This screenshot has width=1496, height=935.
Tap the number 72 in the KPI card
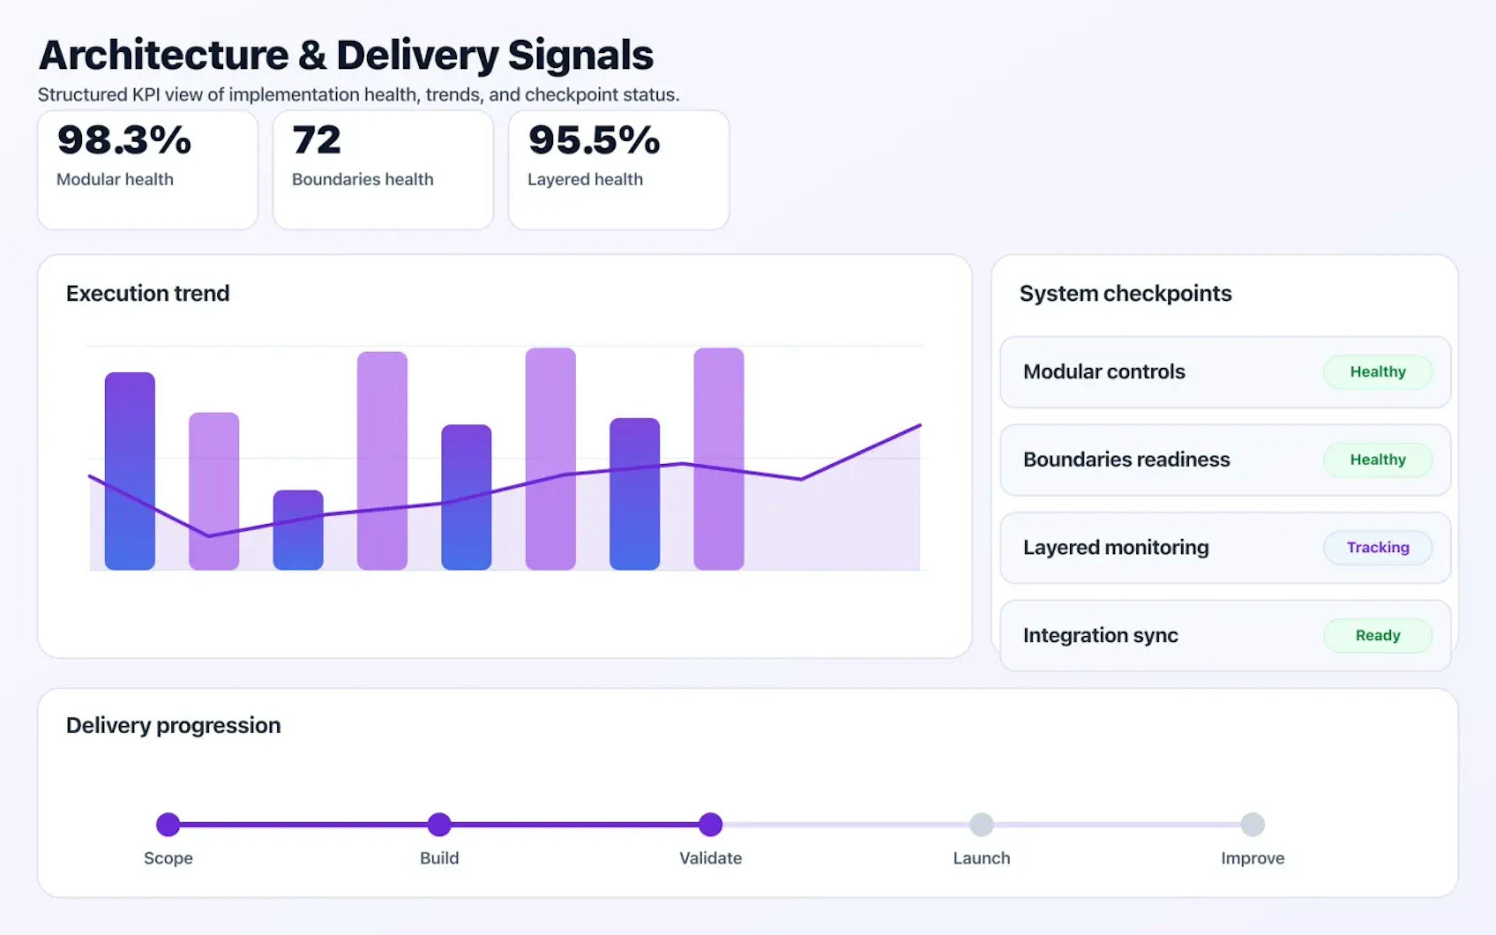pyautogui.click(x=316, y=140)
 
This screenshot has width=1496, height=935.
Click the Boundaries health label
pyautogui.click(x=362, y=179)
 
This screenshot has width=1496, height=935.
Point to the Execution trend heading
pyautogui.click(x=148, y=293)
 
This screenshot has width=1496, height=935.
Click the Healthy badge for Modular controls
pyautogui.click(x=1377, y=372)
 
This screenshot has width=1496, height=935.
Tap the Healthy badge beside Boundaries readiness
pyautogui.click(x=1377, y=459)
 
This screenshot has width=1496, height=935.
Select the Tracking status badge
pyautogui.click(x=1377, y=547)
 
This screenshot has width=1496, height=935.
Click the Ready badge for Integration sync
pyautogui.click(x=1377, y=635)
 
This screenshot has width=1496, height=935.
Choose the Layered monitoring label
pyautogui.click(x=1116, y=547)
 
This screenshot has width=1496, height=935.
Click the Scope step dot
pyautogui.click(x=168, y=824)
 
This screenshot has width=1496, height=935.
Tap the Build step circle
pyautogui.click(x=439, y=824)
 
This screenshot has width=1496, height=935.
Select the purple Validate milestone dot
pyautogui.click(x=710, y=824)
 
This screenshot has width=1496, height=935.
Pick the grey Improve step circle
pyautogui.click(x=1253, y=824)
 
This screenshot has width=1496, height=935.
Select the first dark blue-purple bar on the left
pyautogui.click(x=130, y=470)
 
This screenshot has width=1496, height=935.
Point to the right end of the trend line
pyautogui.click(x=919, y=425)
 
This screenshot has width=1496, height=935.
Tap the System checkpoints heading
pyautogui.click(x=1125, y=293)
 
